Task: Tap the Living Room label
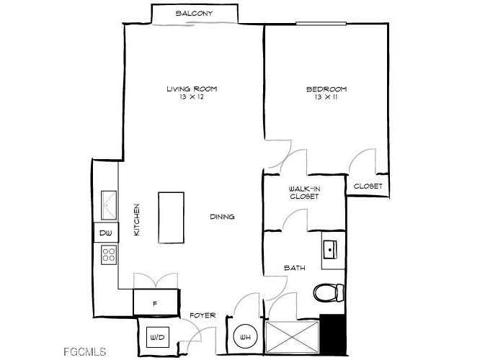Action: pos(192,89)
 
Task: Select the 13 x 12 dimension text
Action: pos(192,97)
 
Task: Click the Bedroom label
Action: pos(326,89)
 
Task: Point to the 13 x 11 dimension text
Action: pos(326,97)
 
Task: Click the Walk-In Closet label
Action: pos(305,193)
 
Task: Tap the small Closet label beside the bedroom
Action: pos(368,186)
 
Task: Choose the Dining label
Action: pos(222,217)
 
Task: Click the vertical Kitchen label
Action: pos(136,220)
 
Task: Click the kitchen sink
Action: pos(110,205)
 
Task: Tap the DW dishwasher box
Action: pos(105,233)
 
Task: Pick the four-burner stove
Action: pos(110,253)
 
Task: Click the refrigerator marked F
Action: pos(154,302)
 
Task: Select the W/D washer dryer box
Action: pos(156,337)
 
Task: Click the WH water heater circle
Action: pos(244,337)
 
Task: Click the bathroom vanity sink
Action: pos(332,249)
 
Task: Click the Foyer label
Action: pos(202,315)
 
